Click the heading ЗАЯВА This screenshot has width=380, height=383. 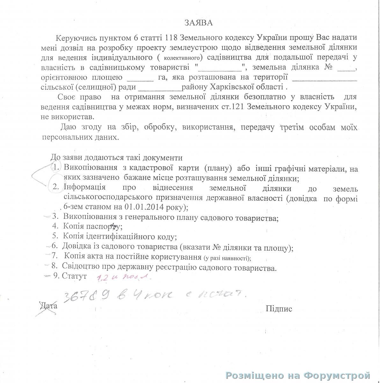tap(198, 23)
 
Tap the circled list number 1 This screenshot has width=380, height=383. tap(56, 167)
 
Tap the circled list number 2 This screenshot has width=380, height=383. tap(56, 187)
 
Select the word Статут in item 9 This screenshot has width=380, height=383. tap(75, 276)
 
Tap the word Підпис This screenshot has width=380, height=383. tap(279, 309)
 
